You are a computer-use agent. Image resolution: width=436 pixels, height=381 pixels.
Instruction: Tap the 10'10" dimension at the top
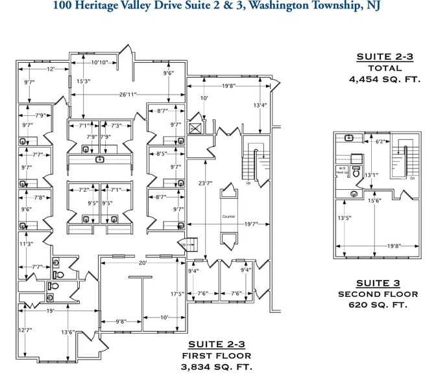point(99,62)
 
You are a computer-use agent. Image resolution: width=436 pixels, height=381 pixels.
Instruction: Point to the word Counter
point(228,216)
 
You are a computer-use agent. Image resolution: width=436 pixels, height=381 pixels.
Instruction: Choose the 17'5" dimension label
point(176,294)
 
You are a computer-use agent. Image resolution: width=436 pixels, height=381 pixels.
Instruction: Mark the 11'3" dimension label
point(26,244)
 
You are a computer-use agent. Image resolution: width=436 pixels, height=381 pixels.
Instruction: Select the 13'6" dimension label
point(67,332)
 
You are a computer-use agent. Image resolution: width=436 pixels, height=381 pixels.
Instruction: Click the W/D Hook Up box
point(341,172)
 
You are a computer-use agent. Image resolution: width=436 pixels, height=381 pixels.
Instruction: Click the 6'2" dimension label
point(381,141)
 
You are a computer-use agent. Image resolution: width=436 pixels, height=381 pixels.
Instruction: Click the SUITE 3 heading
point(378,283)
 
